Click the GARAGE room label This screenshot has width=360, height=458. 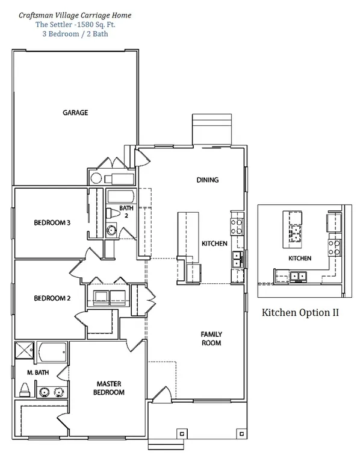click(75, 113)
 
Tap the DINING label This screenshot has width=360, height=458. click(208, 180)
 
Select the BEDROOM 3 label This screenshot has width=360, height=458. click(52, 223)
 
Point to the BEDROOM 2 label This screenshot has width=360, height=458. click(52, 298)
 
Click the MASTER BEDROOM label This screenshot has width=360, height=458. click(109, 388)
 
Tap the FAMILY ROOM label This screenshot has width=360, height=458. click(211, 339)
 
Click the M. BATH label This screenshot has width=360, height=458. click(38, 372)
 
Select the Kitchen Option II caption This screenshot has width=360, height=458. click(300, 313)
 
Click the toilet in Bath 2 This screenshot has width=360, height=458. click(113, 213)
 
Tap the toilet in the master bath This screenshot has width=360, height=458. click(25, 390)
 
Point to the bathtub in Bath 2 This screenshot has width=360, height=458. click(121, 196)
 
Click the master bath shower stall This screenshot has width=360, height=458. click(25, 350)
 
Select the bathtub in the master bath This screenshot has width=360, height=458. click(52, 352)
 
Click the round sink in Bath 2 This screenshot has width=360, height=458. click(111, 230)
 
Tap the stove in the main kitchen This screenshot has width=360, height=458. click(237, 227)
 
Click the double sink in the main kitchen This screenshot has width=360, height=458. click(237, 260)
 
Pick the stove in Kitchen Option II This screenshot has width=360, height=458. click(334, 248)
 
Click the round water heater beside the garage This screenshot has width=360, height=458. click(96, 178)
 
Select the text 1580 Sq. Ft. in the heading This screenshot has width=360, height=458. click(95, 25)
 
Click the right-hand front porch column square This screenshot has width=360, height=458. click(241, 434)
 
